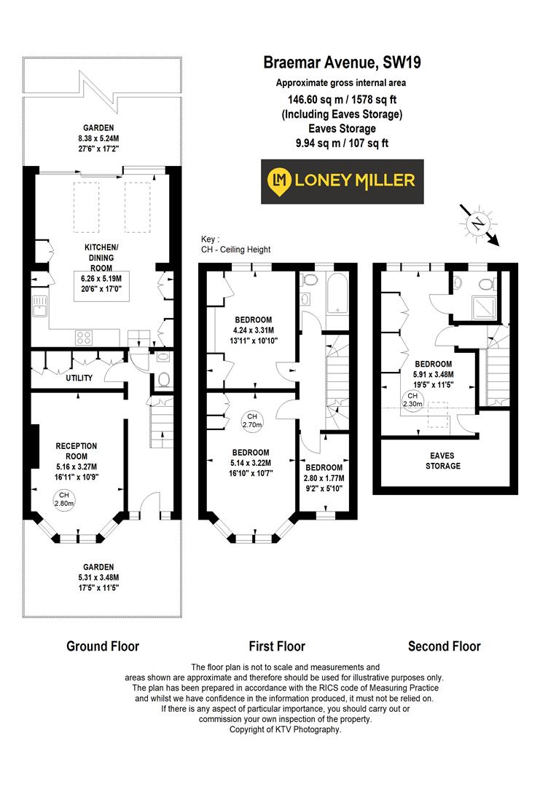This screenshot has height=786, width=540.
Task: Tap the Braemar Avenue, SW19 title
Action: (x=342, y=63)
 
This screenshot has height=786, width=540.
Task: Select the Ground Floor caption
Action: (x=103, y=646)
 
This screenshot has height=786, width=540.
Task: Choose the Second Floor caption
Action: (x=444, y=646)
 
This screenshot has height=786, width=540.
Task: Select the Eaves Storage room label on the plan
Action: (x=443, y=460)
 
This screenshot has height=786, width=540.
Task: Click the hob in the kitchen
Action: (x=84, y=337)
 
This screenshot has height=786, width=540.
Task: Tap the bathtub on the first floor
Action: (x=340, y=293)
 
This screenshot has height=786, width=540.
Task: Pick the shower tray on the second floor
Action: (x=482, y=309)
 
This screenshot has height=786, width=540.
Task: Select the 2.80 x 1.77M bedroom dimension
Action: (x=325, y=478)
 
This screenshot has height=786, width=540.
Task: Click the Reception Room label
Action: (x=77, y=450)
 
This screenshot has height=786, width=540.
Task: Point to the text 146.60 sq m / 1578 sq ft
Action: (x=341, y=99)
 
